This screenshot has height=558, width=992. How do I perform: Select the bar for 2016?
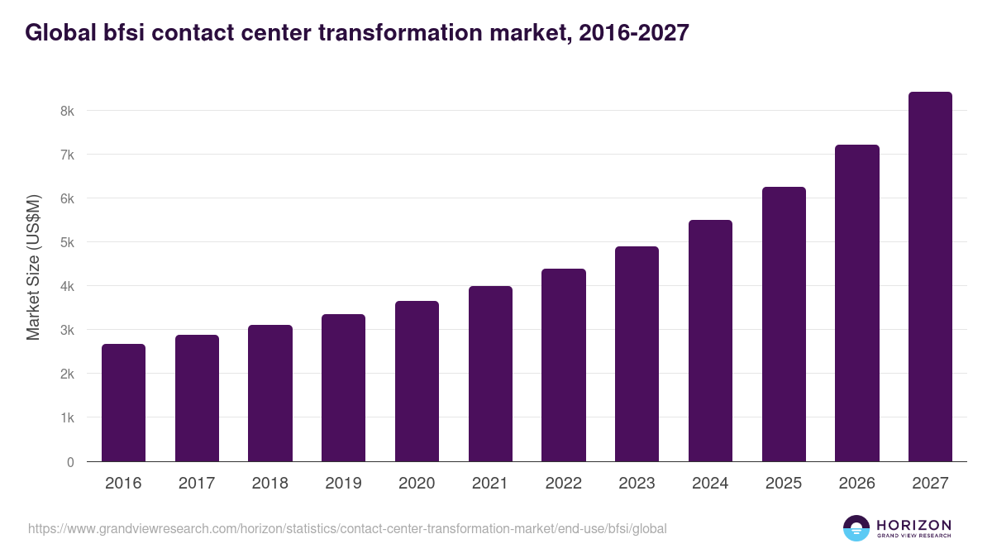[x=123, y=403]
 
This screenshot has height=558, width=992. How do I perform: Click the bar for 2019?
[x=343, y=388]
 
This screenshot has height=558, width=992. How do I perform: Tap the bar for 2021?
[x=490, y=374]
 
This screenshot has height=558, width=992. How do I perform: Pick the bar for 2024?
[x=710, y=341]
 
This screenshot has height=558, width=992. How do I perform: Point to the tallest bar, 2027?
[x=930, y=277]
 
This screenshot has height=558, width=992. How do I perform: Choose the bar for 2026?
[x=856, y=303]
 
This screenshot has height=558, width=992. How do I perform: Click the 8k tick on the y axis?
[x=67, y=111]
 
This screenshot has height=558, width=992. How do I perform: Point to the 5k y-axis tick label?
[x=67, y=242]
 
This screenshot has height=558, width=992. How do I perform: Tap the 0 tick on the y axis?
[x=70, y=462]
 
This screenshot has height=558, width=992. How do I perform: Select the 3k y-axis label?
[x=67, y=330]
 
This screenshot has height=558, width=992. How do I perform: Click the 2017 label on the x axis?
[x=197, y=484]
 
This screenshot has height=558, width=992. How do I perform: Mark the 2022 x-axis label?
[x=563, y=484]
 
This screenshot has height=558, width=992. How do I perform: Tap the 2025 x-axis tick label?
[x=783, y=484]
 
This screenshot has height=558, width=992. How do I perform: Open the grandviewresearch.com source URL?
[x=347, y=528]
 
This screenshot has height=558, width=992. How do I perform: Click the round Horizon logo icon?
[x=856, y=528]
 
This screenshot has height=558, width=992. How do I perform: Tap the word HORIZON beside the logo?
[x=913, y=525]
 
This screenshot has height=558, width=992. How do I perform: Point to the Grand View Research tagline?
[x=913, y=536]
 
